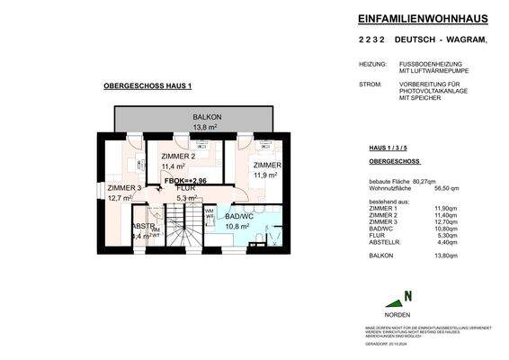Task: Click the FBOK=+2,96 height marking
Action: (x=185, y=181)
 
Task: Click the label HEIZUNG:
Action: (x=371, y=65)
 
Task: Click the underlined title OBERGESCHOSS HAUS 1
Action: (x=147, y=85)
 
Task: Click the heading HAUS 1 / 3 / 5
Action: (x=389, y=146)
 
